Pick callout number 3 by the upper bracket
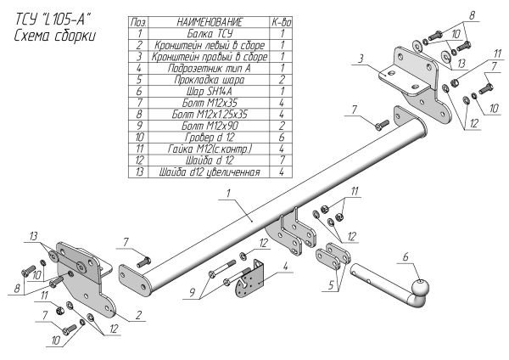pos(360,58)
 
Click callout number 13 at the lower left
pos(33,235)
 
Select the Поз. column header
pos(140,20)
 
